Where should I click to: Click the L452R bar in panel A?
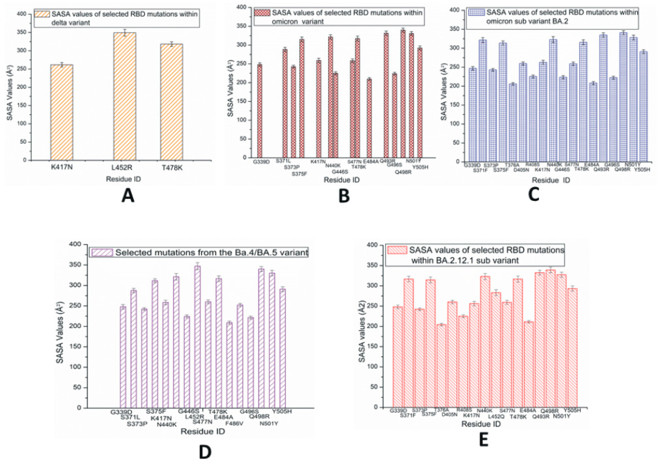[x=125, y=97]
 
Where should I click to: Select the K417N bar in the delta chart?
[x=62, y=112]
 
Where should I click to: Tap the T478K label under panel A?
[x=172, y=168]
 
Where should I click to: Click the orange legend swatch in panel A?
[x=42, y=14]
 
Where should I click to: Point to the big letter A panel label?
[x=128, y=197]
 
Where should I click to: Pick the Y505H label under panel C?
[x=642, y=170]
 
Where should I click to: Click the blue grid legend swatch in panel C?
[x=477, y=12]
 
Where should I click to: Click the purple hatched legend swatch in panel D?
[x=102, y=252]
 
